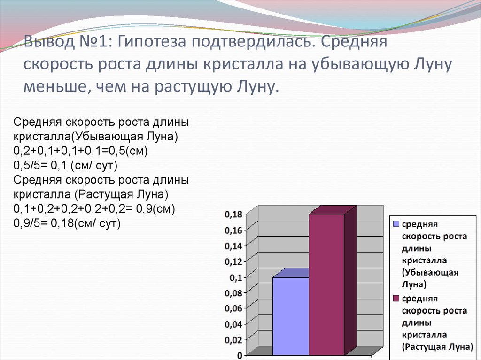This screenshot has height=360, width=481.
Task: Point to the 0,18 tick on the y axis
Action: [x=233, y=214]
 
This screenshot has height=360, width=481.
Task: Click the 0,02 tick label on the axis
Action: [x=233, y=340]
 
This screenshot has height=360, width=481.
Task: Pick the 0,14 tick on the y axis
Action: [x=233, y=245]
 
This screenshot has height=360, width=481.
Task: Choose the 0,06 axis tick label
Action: [x=233, y=308]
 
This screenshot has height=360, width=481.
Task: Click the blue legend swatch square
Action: [x=396, y=224]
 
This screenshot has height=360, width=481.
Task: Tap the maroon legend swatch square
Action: [x=396, y=299]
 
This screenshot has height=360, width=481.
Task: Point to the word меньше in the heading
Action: [x=52, y=86]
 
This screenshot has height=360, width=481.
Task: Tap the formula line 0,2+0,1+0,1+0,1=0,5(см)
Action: [x=81, y=152]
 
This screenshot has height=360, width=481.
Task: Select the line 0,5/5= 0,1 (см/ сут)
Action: [x=65, y=166]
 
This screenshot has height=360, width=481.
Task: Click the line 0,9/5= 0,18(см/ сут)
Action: [x=67, y=223]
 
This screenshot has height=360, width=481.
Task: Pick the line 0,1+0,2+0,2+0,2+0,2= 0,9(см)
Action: [x=94, y=209]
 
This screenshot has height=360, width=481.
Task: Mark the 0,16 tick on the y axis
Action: [x=233, y=230]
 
